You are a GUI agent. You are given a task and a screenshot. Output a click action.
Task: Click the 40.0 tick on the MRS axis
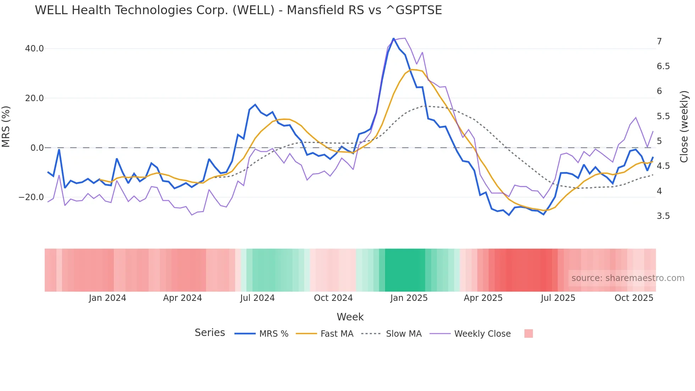click(x=34, y=49)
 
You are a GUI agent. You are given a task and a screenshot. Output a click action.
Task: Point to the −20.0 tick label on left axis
click(x=31, y=197)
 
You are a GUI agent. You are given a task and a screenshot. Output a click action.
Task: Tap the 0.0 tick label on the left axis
click(x=37, y=148)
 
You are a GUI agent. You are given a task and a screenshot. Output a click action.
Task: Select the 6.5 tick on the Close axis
click(x=663, y=66)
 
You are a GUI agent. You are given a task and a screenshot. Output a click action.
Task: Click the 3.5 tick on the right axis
click(x=663, y=216)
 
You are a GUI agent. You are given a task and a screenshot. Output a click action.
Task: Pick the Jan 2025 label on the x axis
click(x=409, y=298)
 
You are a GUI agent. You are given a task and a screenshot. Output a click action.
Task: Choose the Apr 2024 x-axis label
click(x=182, y=298)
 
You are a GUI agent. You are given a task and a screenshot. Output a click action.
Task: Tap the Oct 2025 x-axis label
click(x=634, y=298)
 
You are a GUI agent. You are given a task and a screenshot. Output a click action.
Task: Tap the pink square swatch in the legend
click(x=528, y=334)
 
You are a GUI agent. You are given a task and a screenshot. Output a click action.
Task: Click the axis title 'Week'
click(x=350, y=317)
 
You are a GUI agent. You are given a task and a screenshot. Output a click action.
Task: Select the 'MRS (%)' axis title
click(x=6, y=127)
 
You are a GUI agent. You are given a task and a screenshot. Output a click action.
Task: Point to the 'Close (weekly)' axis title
click(x=684, y=127)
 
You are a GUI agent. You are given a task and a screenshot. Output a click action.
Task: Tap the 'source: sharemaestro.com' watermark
click(x=628, y=278)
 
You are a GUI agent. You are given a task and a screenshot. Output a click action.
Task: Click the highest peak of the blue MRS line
click(x=394, y=38)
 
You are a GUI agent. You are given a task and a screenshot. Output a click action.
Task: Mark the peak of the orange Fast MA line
click(x=411, y=70)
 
